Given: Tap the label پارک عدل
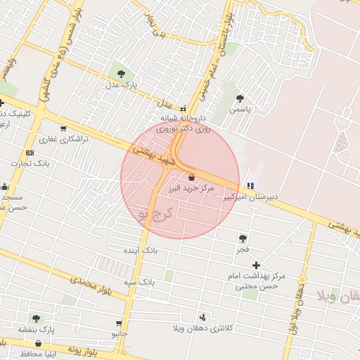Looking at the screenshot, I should tap(120, 85).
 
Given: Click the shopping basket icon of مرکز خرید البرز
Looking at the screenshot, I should tap(191, 178).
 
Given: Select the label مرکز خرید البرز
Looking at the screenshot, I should tap(191, 189).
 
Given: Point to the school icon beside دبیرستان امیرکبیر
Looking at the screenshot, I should tap(250, 186).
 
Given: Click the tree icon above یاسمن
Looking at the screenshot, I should tap(240, 99).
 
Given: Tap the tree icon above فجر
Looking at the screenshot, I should tap(243, 239).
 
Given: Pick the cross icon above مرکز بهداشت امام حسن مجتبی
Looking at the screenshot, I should tap(256, 265).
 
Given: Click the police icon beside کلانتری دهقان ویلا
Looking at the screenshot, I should tap(203, 317).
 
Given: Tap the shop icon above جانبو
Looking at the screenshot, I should tap(119, 323).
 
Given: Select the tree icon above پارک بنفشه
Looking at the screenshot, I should tap(36, 319).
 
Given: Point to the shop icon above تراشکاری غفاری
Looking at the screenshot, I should tap(63, 129).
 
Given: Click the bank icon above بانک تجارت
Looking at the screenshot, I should tap(30, 153).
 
